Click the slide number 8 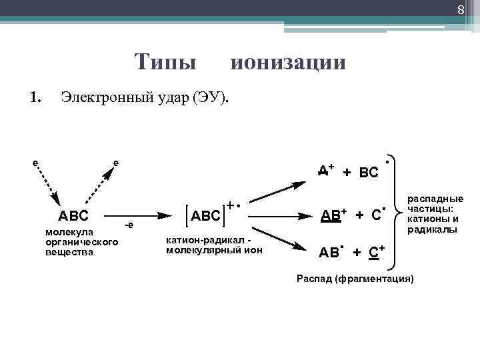coord(460,9)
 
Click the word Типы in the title coord(165,63)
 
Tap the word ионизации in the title coord(288,63)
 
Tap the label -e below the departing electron coord(129,225)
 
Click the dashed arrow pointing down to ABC coord(48,186)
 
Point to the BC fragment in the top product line coord(369,173)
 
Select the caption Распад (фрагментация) coord(355,277)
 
